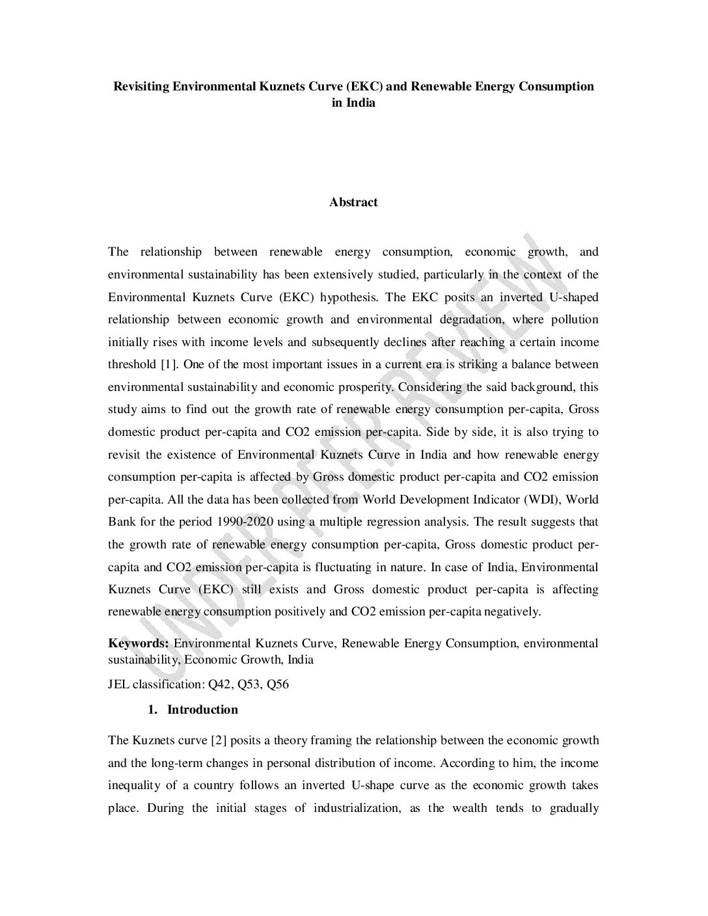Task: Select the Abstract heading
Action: point(353,202)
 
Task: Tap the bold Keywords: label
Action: point(139,643)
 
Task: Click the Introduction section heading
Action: point(202,710)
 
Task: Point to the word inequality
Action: point(134,785)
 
